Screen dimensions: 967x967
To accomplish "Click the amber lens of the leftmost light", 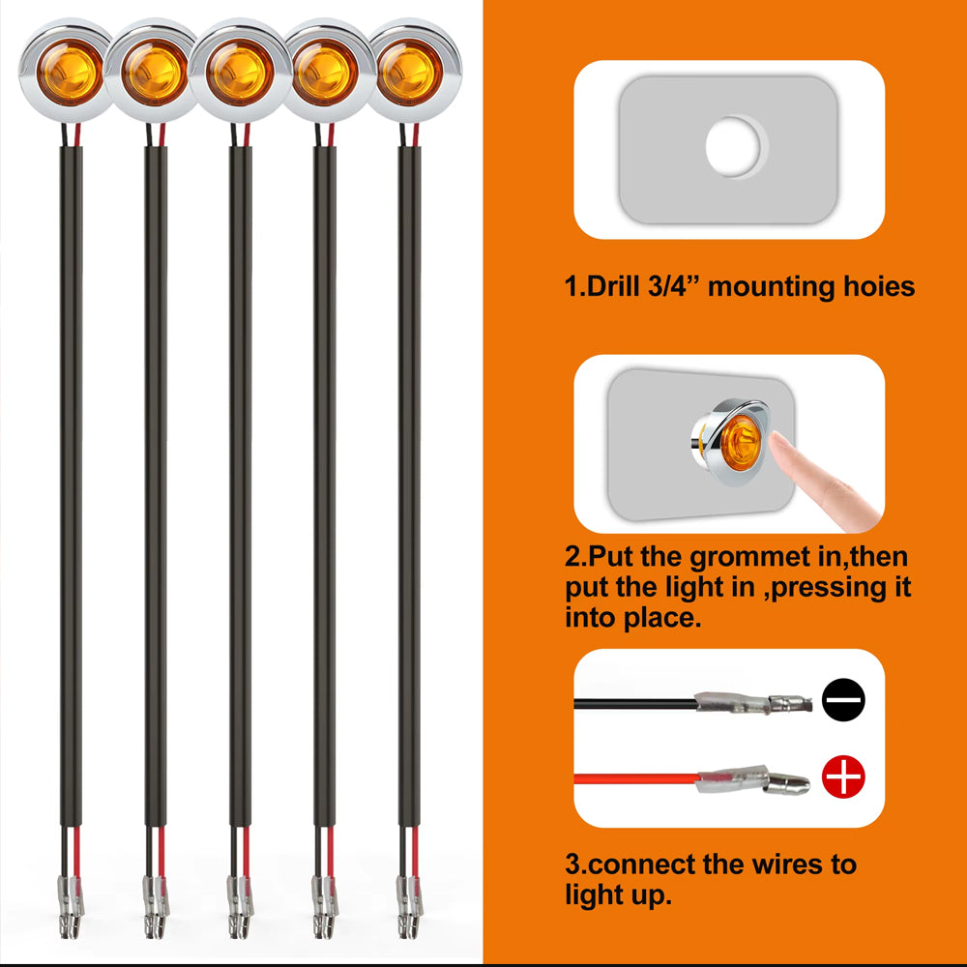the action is point(69,72).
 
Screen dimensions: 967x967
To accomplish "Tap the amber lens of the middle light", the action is point(239,72).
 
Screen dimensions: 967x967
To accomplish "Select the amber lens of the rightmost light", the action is point(409,72).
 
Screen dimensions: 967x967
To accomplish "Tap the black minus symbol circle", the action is point(843,699).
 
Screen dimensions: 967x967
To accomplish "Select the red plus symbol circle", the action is point(843,777).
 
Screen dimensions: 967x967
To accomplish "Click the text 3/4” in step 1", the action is point(675,287).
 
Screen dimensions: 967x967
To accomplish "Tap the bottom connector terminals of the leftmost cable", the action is point(71,906).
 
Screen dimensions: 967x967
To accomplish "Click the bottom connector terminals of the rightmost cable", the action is point(409,906).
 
